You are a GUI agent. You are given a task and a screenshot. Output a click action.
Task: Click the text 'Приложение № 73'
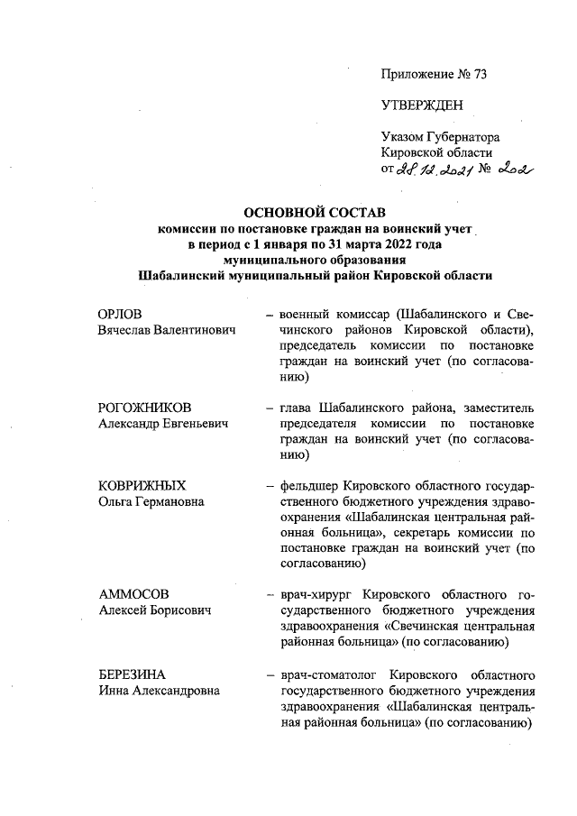[x=434, y=75]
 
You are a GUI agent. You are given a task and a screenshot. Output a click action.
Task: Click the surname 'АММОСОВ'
[x=132, y=595]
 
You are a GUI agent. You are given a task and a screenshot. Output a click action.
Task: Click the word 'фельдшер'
[x=309, y=485]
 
